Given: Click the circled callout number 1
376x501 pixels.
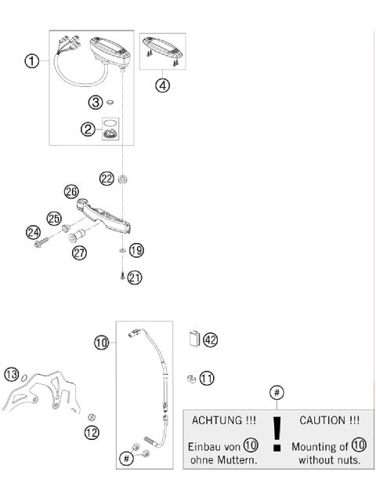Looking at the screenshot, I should click(x=31, y=61).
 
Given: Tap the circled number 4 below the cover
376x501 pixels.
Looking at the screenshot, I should click(x=162, y=85).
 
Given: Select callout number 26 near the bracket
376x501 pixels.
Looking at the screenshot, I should click(x=72, y=191).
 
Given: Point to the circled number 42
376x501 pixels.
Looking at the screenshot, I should click(x=209, y=339).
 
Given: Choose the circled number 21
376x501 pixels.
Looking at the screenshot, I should click(x=136, y=276).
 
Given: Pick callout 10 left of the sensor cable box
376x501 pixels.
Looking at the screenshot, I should click(x=102, y=343).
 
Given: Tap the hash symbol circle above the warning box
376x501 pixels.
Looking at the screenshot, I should click(x=276, y=391).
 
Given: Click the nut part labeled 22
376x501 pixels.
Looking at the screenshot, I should click(x=123, y=180).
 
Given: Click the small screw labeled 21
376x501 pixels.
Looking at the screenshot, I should click(x=122, y=276).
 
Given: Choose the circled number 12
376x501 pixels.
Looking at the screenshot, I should click(x=92, y=432).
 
